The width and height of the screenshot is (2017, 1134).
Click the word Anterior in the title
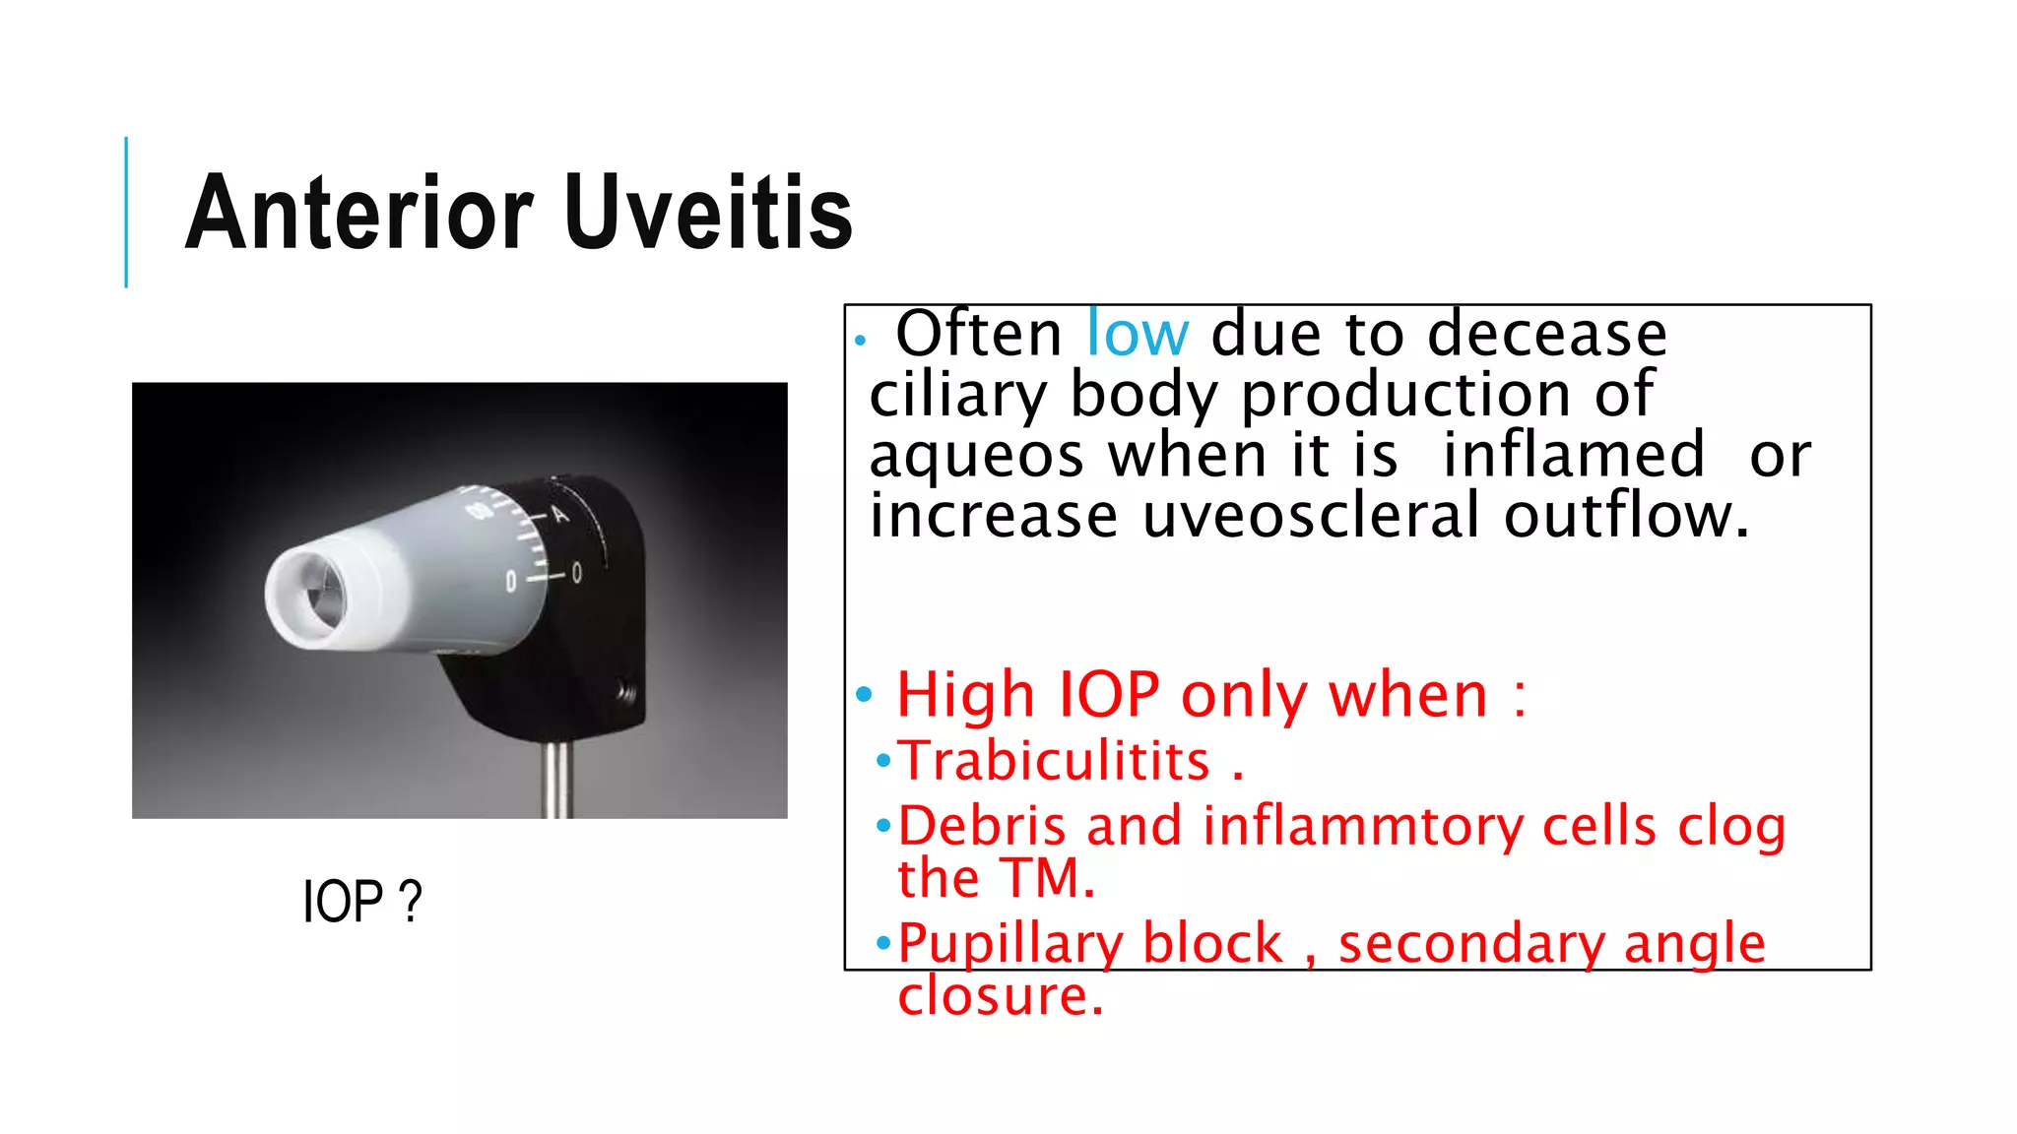tap(359, 213)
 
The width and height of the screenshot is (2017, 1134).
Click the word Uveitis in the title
tap(709, 213)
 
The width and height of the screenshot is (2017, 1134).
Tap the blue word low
tap(1138, 335)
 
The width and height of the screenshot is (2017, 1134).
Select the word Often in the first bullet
tap(978, 335)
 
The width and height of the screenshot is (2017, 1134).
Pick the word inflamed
tap(1573, 455)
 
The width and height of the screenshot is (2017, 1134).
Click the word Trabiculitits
tap(1054, 761)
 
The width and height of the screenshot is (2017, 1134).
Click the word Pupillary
tap(1008, 943)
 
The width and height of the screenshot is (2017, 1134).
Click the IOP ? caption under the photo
tap(361, 901)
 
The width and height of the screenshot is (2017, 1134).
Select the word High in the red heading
tap(965, 695)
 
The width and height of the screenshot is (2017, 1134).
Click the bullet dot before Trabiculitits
tap(883, 761)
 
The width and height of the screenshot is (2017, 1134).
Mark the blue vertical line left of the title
tap(126, 212)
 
